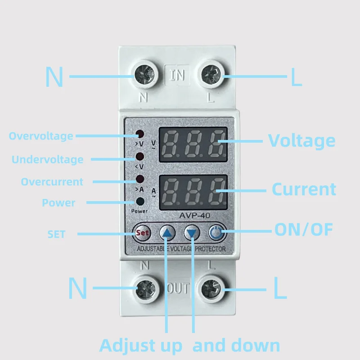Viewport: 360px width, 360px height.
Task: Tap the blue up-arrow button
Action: (167, 233)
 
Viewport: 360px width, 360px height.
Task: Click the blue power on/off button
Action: (216, 233)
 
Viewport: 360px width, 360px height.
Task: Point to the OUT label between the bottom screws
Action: (178, 288)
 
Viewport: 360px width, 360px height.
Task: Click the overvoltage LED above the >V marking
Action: (140, 135)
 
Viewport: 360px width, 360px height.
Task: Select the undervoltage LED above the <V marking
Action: (140, 157)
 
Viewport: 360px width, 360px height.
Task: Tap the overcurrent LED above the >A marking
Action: (140, 179)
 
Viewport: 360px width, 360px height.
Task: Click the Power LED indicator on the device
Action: (140, 201)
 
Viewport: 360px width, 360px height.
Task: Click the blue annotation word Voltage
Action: (301, 141)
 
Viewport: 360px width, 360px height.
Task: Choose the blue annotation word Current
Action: (304, 189)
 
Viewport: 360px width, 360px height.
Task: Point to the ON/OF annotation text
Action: (304, 230)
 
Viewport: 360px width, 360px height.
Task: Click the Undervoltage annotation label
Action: (47, 159)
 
